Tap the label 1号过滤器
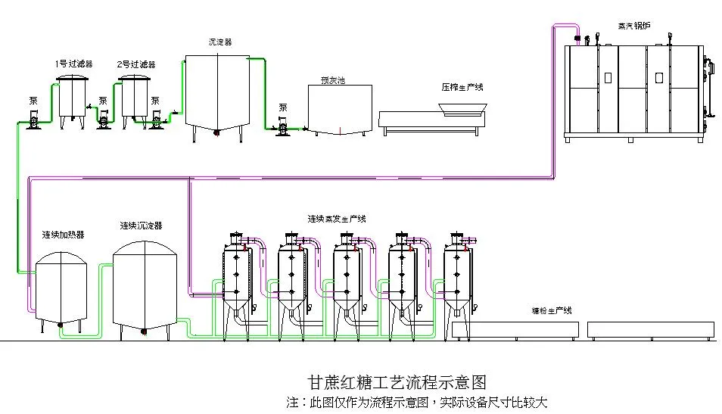(73, 64)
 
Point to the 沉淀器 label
(219, 42)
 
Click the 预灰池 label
(332, 80)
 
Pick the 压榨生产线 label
(462, 88)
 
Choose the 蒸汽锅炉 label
(633, 26)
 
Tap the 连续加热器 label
(63, 235)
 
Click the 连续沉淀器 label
(141, 226)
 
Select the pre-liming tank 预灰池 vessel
(340, 110)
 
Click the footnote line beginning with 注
(416, 402)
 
